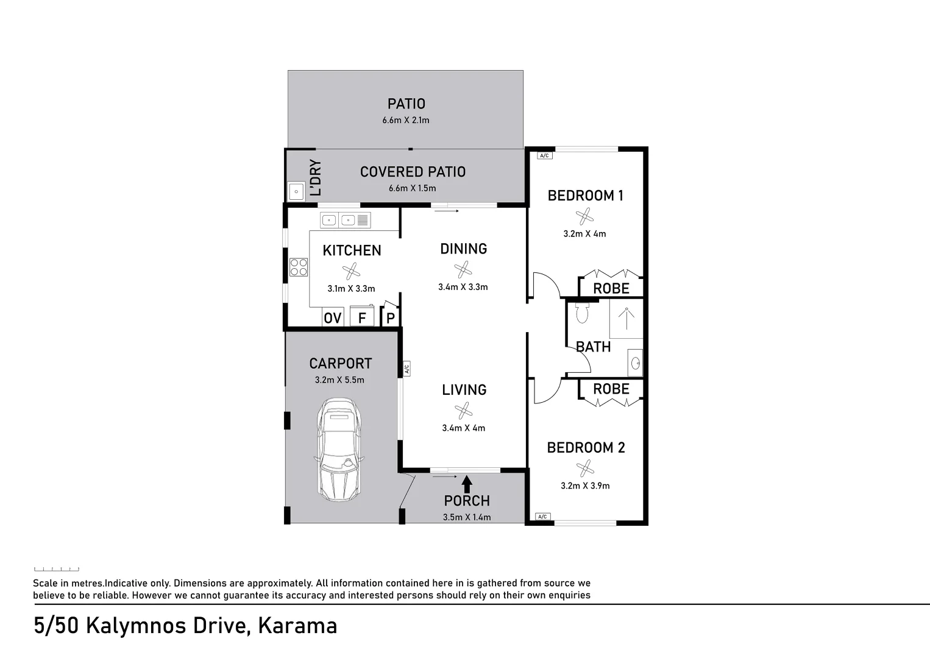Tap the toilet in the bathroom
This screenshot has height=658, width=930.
tap(582, 313)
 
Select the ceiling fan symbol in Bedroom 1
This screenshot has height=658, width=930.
tap(584, 216)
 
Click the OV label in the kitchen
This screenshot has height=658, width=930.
tap(332, 318)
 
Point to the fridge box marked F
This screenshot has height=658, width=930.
tap(362, 317)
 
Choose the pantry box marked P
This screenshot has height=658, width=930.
tap(391, 318)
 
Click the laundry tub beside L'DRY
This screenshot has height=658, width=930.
tap(296, 191)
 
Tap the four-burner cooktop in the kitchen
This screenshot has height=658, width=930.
tap(299, 267)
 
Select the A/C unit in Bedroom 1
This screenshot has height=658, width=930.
tap(544, 155)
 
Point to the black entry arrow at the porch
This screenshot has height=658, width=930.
tap(467, 484)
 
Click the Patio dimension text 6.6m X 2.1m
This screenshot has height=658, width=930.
tap(406, 120)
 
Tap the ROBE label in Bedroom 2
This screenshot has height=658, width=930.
tap(611, 389)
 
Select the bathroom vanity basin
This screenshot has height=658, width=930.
tap(635, 364)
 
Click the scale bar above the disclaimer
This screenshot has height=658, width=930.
tap(56, 569)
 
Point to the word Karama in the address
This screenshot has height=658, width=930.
tap(297, 626)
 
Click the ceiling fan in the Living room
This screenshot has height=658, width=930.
tap(464, 410)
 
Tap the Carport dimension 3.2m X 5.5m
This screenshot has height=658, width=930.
tap(339, 380)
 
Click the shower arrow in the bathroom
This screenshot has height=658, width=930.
tap(626, 319)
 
